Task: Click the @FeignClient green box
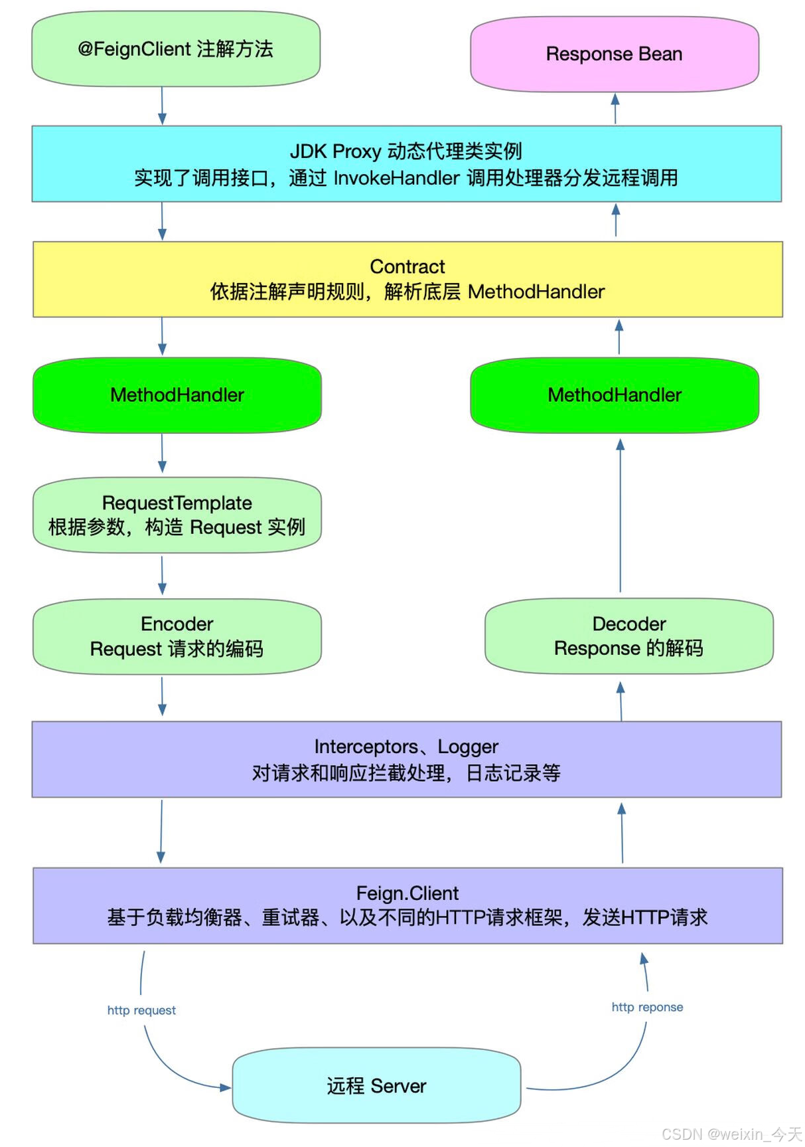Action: [x=176, y=49]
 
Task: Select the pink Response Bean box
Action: [x=614, y=54]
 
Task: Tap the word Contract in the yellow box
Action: [x=407, y=266]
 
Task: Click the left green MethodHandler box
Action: [x=177, y=395]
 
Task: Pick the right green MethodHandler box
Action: [x=614, y=395]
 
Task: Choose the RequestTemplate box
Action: [x=177, y=515]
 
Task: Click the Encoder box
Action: [x=177, y=636]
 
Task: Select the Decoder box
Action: [x=628, y=636]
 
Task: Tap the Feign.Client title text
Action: [x=407, y=893]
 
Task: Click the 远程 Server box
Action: [x=376, y=1085]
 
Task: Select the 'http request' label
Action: [x=141, y=1010]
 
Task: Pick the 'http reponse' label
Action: [x=647, y=1007]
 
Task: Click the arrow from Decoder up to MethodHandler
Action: [x=621, y=515]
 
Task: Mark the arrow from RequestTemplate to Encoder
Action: [x=162, y=575]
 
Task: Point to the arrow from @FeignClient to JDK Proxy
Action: [x=162, y=106]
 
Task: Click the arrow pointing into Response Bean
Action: [x=615, y=108]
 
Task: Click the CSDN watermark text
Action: [x=731, y=1133]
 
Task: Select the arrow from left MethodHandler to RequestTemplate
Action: [x=162, y=454]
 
